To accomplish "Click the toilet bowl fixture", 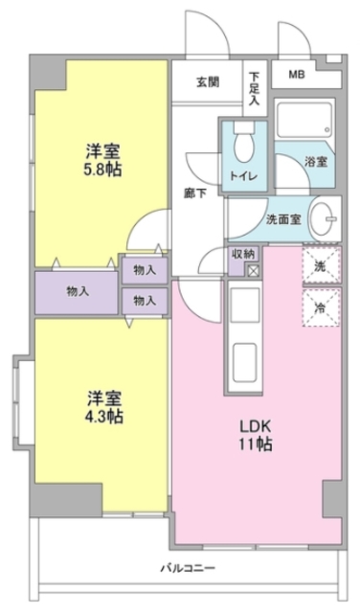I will pyautogui.click(x=244, y=145).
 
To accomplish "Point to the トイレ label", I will pyautogui.click(x=244, y=175).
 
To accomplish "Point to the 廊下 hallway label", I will pyautogui.click(x=196, y=192).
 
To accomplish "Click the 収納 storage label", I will pyautogui.click(x=242, y=253).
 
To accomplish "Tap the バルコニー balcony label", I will pyautogui.click(x=188, y=568).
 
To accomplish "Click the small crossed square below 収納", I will pyautogui.click(x=253, y=271).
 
